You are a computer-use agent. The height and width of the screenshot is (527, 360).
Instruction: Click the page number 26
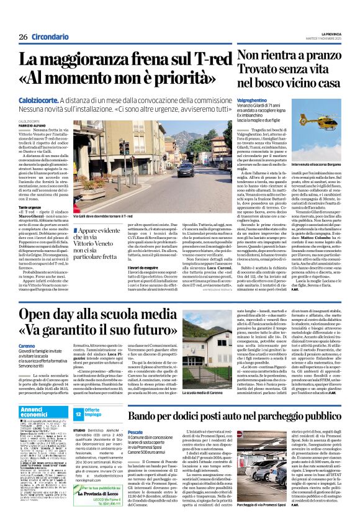coord(23,37)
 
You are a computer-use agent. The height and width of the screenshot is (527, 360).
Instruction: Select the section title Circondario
coord(50,37)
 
